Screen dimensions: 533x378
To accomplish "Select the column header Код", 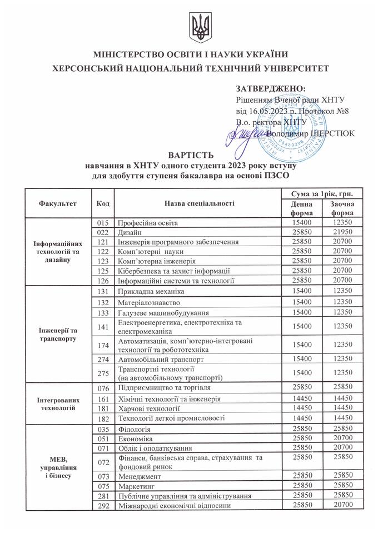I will [102, 203].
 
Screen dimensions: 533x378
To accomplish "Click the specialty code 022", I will [102, 232].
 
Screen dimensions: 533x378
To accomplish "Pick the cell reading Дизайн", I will [130, 232].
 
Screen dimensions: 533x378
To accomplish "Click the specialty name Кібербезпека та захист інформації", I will [173, 271].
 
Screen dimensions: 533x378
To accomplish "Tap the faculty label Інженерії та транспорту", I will [57, 333].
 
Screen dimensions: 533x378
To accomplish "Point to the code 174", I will [102, 345].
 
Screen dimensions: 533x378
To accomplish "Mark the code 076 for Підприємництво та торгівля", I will [102, 387].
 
